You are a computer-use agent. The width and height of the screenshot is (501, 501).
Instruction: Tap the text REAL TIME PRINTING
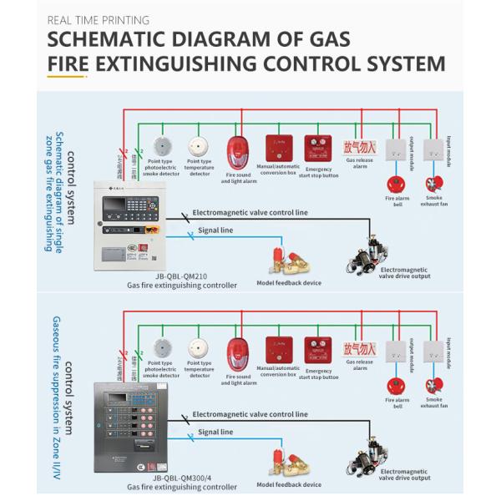point(99,19)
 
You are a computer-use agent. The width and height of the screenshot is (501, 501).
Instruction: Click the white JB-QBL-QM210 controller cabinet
point(125,221)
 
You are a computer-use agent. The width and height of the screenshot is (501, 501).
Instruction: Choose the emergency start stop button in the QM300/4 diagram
point(317,351)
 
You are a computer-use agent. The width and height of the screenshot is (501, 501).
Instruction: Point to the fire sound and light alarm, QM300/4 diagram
point(238,354)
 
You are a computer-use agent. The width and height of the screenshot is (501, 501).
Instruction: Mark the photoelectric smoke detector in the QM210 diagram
point(161,148)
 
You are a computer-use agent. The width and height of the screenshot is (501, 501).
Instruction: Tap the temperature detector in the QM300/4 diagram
point(199,349)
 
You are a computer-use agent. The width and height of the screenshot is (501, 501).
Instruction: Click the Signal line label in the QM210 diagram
point(215,230)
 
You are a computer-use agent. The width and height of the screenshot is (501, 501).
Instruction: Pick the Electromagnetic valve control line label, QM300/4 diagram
point(250,414)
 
